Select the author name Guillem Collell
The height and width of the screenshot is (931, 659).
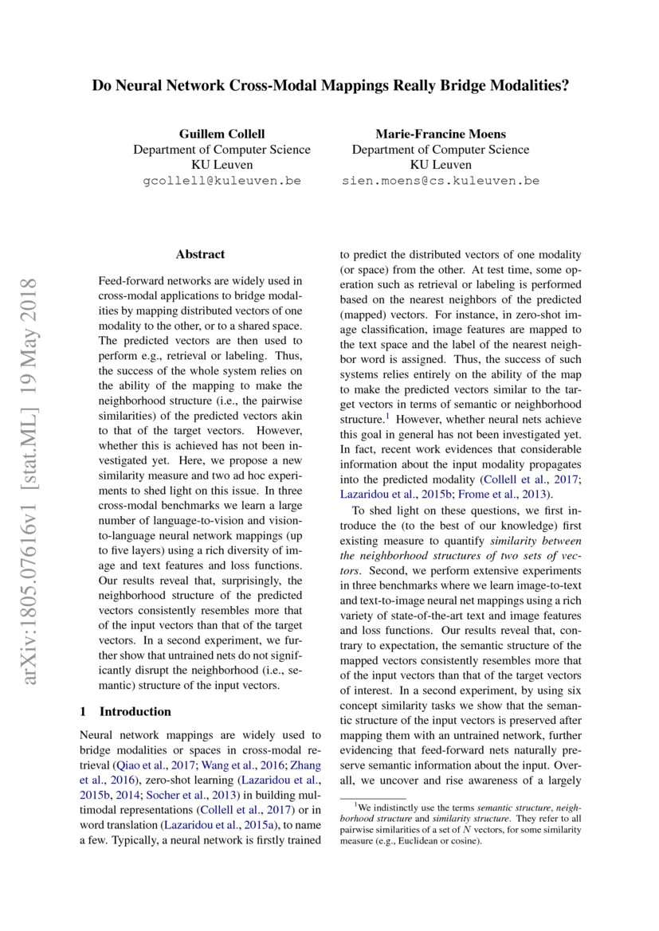[222, 134]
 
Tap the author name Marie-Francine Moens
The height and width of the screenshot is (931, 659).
[440, 134]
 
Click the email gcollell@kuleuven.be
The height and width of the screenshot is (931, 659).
[222, 181]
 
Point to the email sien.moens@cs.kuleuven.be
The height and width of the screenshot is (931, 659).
[440, 181]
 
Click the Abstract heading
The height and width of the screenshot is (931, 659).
[200, 255]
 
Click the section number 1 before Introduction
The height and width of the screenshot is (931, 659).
[84, 711]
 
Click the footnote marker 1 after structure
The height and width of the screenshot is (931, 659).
[387, 416]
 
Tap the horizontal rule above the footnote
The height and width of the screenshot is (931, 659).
[373, 798]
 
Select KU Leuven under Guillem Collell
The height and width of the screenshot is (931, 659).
[222, 165]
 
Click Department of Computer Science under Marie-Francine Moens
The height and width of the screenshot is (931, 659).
[440, 150]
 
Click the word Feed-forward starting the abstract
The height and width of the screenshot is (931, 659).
[128, 281]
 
